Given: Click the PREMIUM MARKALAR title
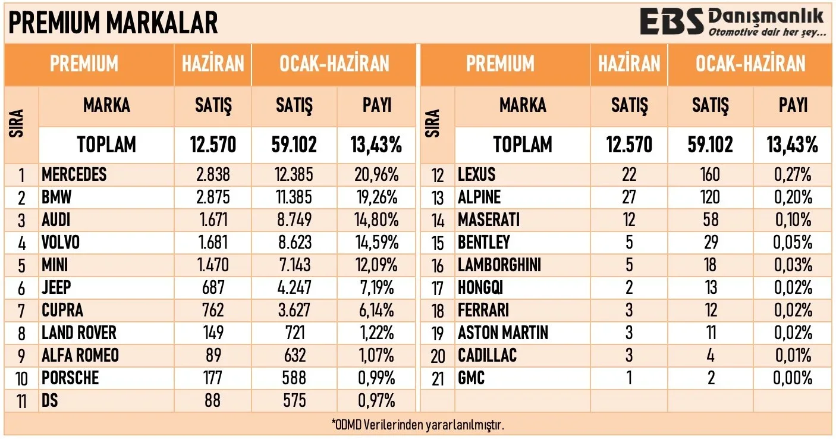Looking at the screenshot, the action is click(x=113, y=23).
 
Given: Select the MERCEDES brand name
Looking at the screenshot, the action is click(x=74, y=174).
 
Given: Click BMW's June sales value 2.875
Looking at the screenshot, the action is click(x=213, y=197).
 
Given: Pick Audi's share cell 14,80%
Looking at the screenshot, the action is click(x=376, y=220).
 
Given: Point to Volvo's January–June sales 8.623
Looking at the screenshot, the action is click(x=294, y=242).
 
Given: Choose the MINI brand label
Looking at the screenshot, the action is click(x=55, y=265).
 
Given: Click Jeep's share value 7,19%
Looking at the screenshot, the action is click(x=376, y=287).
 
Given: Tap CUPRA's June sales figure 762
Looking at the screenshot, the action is click(x=213, y=310).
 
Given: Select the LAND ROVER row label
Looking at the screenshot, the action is click(x=78, y=333).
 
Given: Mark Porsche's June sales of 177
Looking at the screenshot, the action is click(x=213, y=378).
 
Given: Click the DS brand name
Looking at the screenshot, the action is click(x=49, y=400).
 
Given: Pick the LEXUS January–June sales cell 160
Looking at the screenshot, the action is click(x=710, y=174).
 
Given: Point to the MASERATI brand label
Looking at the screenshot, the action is click(x=489, y=220).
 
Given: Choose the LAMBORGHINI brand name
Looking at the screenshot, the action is click(x=499, y=265).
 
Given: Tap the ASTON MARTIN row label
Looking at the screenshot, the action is click(x=503, y=333).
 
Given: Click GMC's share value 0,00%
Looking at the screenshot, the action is click(x=793, y=378).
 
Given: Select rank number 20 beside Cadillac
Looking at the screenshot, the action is click(x=438, y=356).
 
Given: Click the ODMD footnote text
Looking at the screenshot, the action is click(x=418, y=425).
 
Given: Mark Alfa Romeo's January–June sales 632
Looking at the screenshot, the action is click(x=294, y=355).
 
